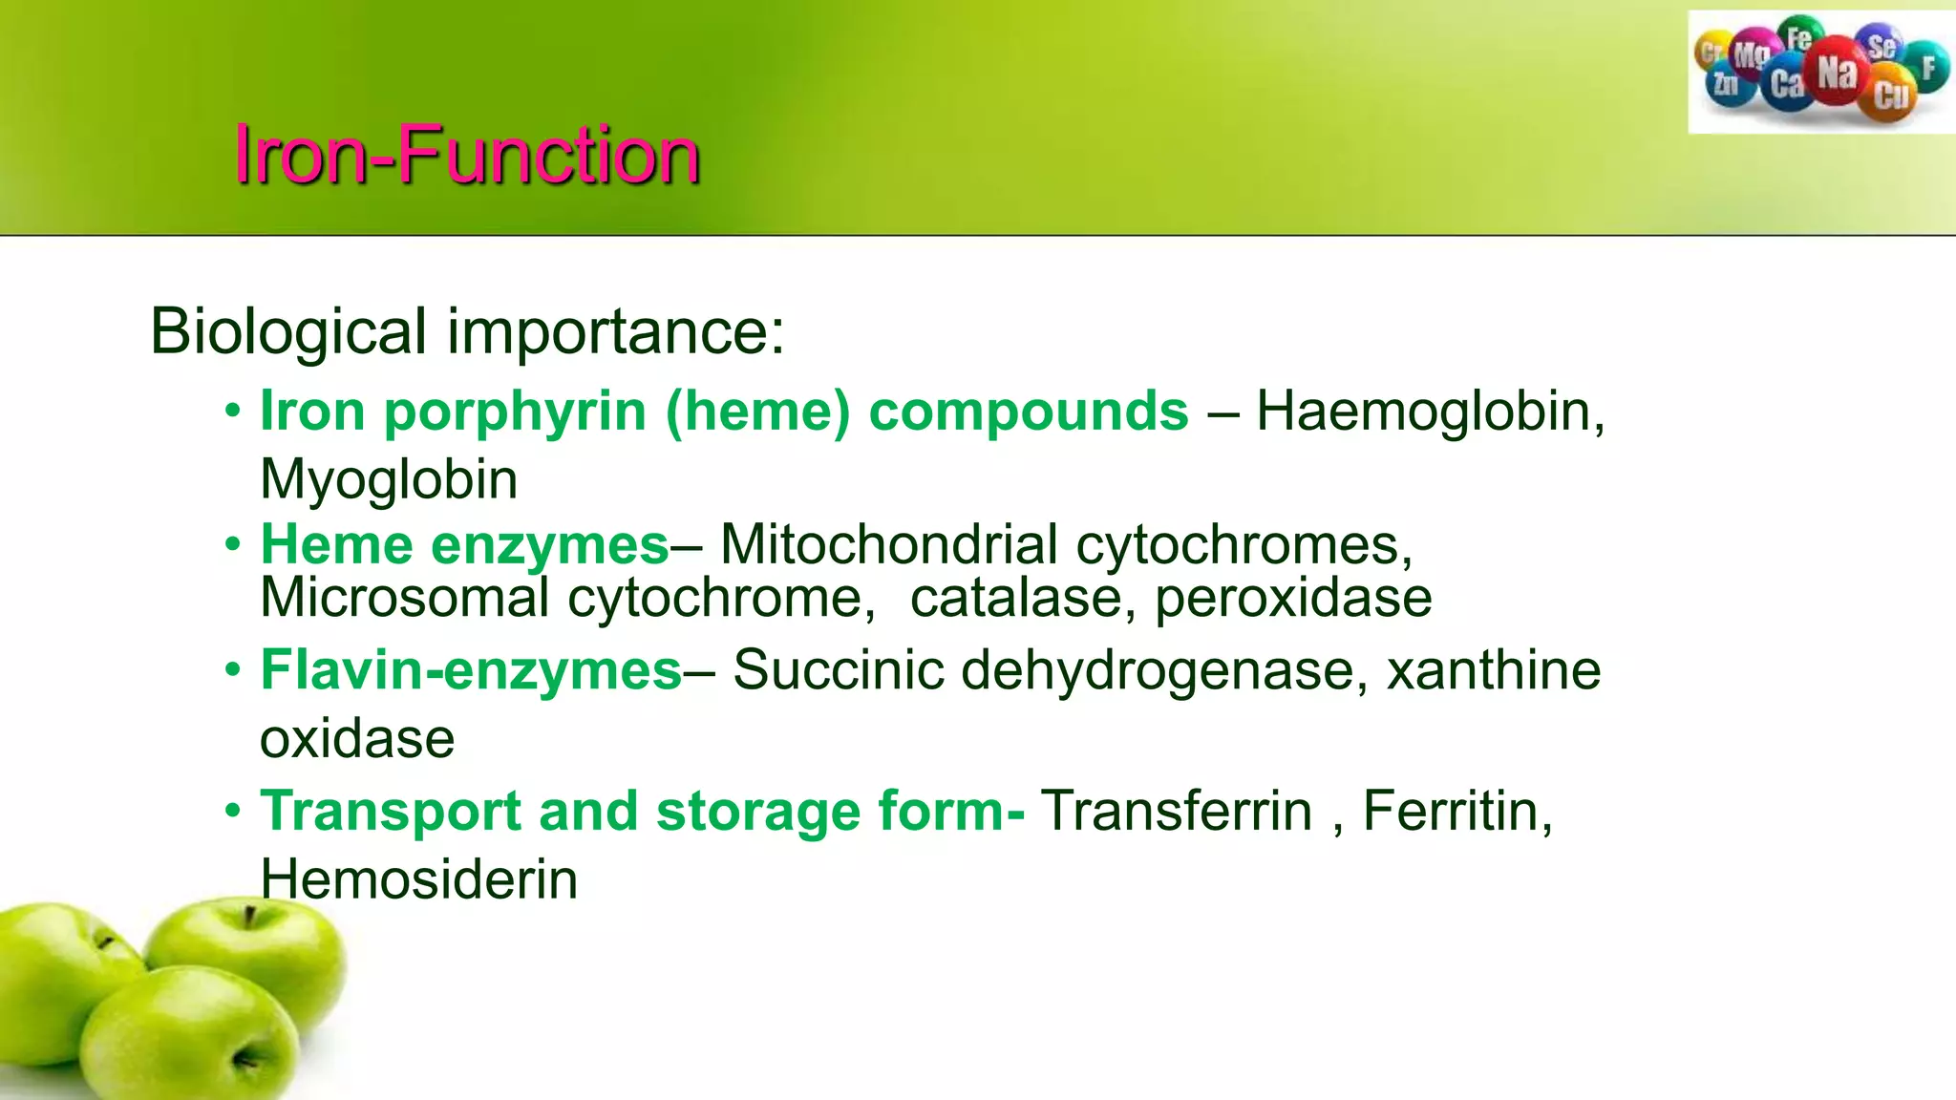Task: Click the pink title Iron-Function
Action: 467,155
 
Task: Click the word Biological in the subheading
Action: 287,332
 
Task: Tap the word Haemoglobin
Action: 1429,412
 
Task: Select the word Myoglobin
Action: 389,479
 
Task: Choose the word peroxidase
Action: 1293,599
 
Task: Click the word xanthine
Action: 1494,670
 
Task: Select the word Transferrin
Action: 1176,812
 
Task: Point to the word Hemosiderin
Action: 419,880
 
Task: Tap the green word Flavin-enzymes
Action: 472,670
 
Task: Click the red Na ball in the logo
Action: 1836,72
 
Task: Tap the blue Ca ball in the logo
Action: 1787,85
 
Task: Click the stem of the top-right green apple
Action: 249,918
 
